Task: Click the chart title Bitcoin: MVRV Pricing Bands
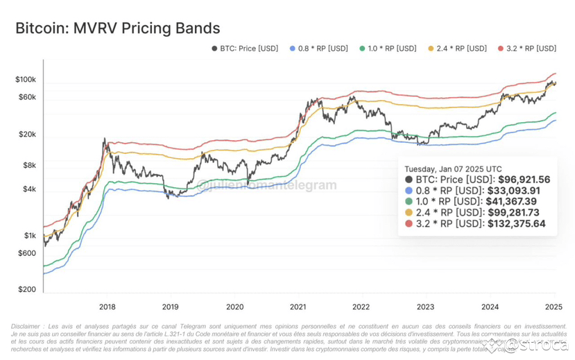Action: pos(117,28)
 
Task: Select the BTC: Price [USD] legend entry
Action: pos(244,49)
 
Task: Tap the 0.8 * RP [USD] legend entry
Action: pos(318,49)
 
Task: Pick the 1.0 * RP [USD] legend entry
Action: pos(388,49)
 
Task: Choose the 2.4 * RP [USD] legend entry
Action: pos(457,49)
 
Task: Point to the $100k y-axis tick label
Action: pos(25,80)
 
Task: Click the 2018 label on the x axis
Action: pos(107,306)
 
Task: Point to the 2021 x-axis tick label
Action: pos(298,306)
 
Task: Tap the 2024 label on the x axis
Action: pos(490,306)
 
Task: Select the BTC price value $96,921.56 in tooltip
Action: pos(517,180)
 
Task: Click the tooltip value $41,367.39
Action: pos(512,201)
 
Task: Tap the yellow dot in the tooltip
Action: pos(409,212)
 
